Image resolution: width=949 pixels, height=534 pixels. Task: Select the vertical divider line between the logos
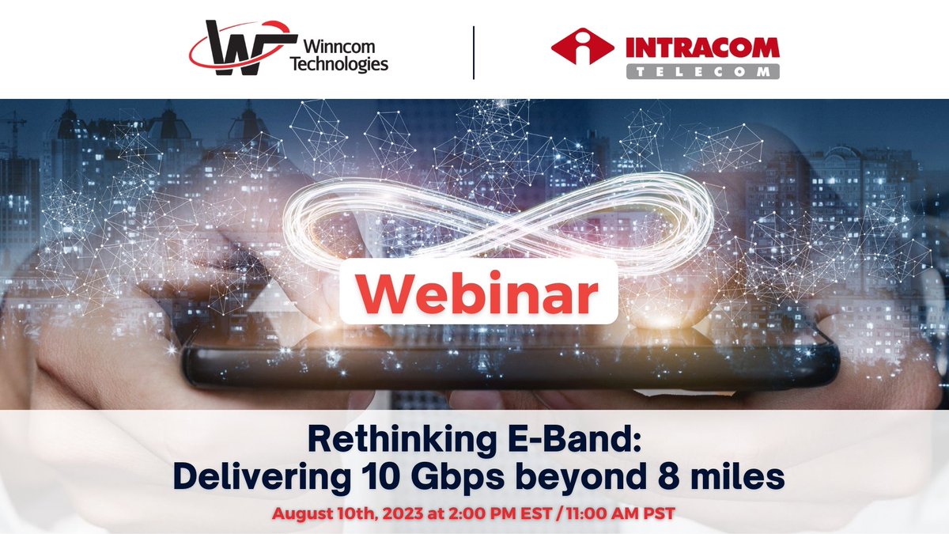pos(474,52)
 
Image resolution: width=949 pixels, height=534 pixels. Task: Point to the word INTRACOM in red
pos(701,47)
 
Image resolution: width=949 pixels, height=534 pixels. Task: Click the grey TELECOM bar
pos(701,71)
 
